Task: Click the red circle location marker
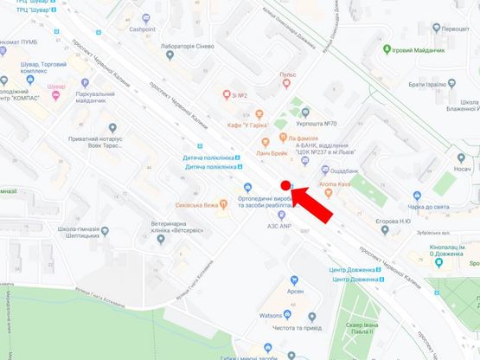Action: [x=285, y=185]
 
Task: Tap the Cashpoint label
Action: [x=148, y=28]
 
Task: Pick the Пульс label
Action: [x=287, y=75]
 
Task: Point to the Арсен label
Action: [x=294, y=291]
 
